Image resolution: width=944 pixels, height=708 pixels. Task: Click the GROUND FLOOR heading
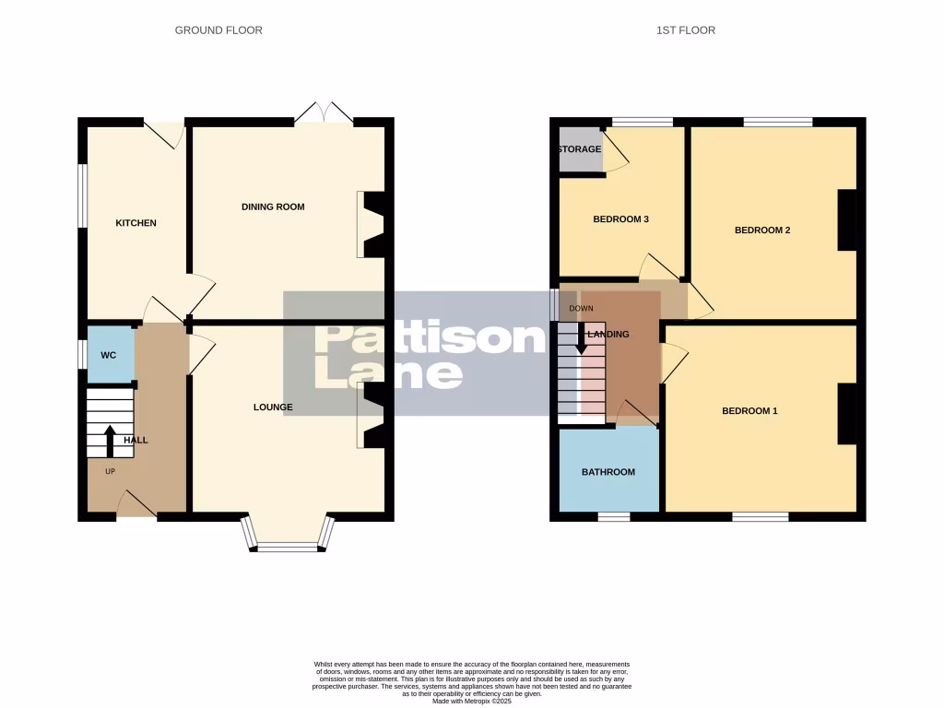point(218,30)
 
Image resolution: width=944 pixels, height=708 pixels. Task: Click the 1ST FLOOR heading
point(685,30)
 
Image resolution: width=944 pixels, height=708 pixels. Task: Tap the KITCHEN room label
point(136,223)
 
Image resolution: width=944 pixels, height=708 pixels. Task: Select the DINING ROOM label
point(273,206)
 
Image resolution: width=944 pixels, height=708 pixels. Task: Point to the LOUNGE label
point(274,407)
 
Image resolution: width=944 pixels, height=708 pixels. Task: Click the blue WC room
point(109,354)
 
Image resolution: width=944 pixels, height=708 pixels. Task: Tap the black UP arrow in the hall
point(110,441)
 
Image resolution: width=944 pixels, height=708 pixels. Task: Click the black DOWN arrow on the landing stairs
point(582,337)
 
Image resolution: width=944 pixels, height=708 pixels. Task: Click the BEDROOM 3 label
point(620,219)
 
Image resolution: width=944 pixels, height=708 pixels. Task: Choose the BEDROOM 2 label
point(762,230)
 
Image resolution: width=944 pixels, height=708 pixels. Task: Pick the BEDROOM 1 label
point(749,411)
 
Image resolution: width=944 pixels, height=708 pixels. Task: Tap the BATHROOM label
point(608,472)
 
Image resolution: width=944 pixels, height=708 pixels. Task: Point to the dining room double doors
point(324,112)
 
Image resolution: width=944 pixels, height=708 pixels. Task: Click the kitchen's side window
point(82,195)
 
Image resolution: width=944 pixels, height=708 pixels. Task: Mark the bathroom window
point(613,516)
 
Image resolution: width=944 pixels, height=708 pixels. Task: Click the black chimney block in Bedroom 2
point(846,220)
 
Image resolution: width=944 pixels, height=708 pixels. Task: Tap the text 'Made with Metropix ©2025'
point(471,702)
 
